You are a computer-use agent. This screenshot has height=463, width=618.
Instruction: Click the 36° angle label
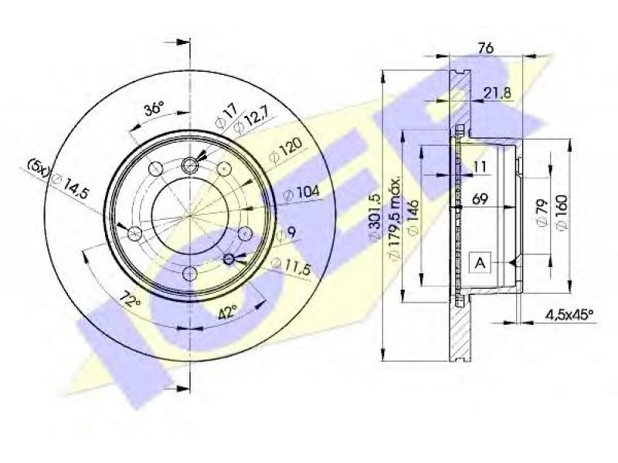point(154,108)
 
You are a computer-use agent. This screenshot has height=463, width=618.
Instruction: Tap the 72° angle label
point(131,300)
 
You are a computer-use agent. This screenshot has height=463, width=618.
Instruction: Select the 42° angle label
point(227,313)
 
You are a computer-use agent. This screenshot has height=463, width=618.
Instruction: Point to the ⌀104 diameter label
point(301,193)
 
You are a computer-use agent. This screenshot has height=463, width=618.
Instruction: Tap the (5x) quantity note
point(38,167)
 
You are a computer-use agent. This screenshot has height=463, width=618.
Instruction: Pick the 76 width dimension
point(485,48)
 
